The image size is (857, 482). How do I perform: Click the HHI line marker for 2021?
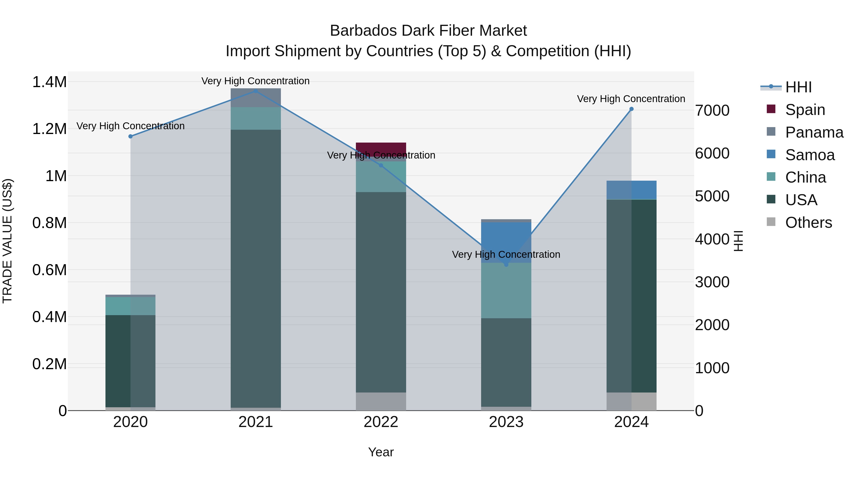255,91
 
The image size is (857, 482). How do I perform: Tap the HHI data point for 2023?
506,264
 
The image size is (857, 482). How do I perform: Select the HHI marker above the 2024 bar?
631,109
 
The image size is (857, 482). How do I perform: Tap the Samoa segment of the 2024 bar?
631,190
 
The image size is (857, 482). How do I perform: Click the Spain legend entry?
805,110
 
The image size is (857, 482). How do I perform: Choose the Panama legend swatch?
771,132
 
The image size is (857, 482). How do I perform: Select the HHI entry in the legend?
798,87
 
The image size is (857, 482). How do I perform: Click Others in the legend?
808,223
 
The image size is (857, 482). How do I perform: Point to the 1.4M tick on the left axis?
49,82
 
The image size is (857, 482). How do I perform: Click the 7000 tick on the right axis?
712,110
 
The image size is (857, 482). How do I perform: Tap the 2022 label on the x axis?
381,422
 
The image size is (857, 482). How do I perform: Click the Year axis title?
381,452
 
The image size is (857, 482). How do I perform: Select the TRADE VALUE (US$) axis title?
7,241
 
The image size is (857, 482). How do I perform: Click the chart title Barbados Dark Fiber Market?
428,31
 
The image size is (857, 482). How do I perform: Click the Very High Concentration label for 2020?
130,126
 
